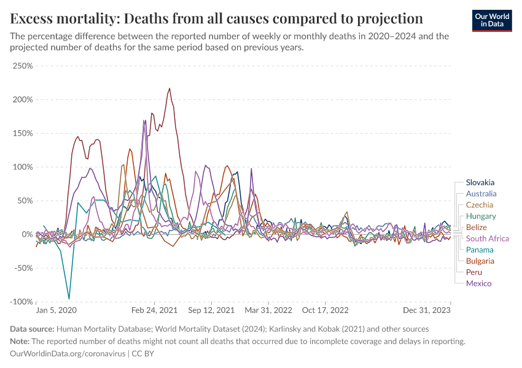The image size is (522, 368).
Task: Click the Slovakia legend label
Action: [x=480, y=182]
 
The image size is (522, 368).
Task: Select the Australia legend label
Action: [x=481, y=194]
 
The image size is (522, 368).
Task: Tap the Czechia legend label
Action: [x=480, y=205]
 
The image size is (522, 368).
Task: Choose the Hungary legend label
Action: [x=481, y=216]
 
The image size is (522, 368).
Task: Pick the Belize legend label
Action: [x=477, y=228]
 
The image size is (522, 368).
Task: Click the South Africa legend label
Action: [x=488, y=239]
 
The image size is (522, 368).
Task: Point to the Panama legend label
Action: [x=480, y=250]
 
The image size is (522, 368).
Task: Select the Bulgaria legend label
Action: [x=480, y=261]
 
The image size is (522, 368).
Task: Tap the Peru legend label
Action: [x=474, y=272]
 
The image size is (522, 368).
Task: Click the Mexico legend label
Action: [x=478, y=283]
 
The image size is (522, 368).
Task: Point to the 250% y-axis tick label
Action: [x=23, y=66]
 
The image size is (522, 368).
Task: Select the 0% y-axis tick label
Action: [x=26, y=234]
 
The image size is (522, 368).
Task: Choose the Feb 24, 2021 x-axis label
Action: [x=155, y=311]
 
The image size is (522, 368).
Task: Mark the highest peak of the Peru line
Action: [x=169, y=88]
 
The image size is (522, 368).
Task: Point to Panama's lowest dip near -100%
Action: [x=69, y=299]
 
